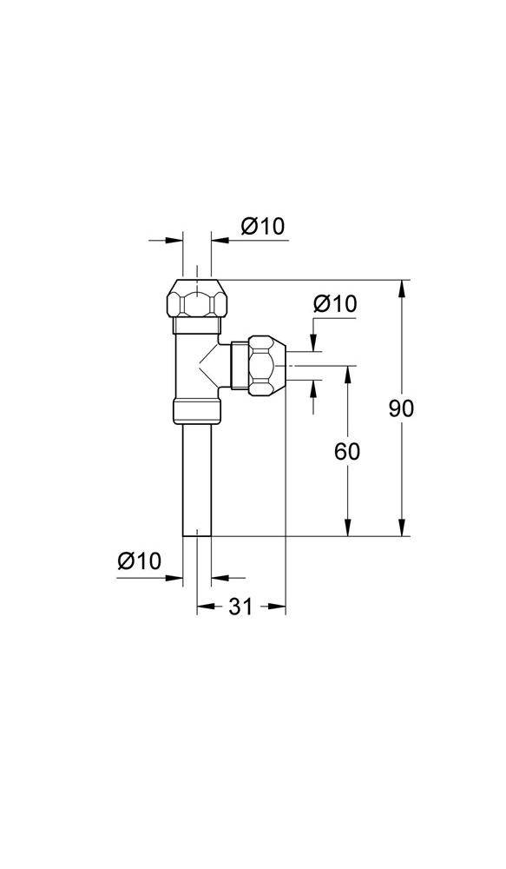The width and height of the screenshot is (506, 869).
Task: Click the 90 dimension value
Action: [x=401, y=408]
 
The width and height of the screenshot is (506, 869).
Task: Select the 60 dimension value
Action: [x=346, y=451]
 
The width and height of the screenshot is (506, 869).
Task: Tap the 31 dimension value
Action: [x=240, y=607]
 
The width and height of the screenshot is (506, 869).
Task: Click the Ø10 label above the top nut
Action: [x=262, y=227]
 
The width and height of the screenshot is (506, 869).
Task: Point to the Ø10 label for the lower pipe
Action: [x=140, y=561]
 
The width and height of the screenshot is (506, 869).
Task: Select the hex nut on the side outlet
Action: [x=266, y=367]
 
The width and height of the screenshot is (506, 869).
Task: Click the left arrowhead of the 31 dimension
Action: [x=203, y=607]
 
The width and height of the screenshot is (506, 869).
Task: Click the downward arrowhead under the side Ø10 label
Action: [x=312, y=345]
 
